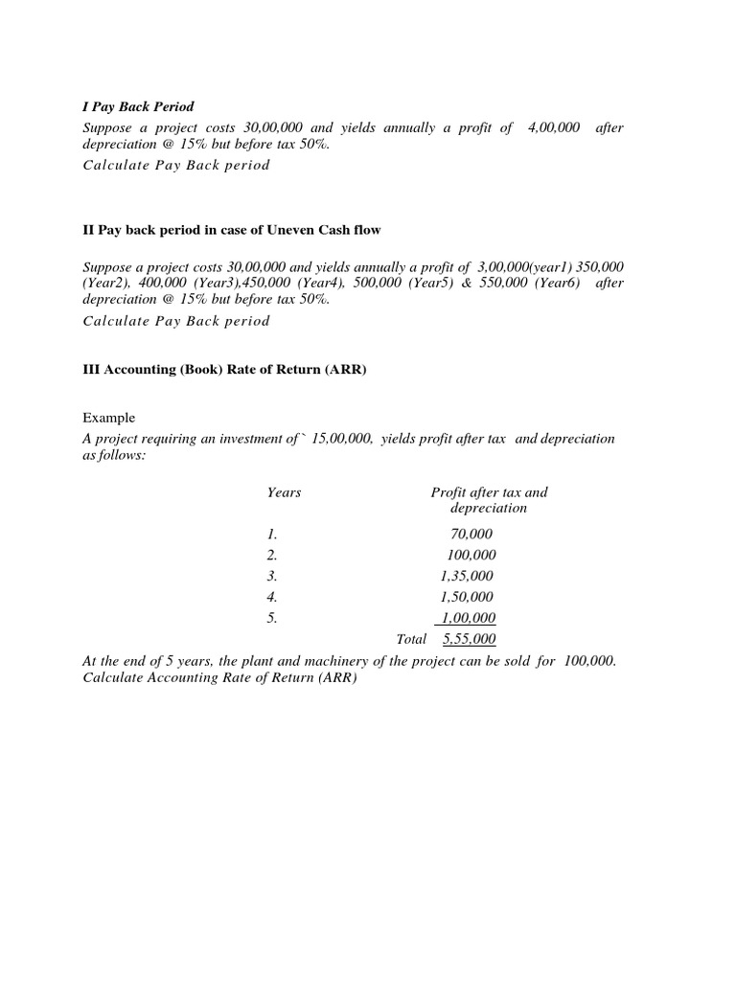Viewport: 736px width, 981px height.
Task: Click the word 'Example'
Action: coord(109,418)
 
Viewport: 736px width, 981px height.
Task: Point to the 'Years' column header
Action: coord(284,492)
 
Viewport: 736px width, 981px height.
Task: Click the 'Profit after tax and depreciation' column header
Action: coord(489,500)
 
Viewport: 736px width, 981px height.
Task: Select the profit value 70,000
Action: coord(471,535)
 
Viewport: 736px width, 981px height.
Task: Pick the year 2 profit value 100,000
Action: coord(471,556)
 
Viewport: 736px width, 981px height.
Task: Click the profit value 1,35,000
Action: coord(467,576)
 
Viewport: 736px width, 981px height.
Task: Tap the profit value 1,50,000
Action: coord(467,597)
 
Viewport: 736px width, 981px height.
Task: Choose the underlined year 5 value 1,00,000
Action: coord(468,618)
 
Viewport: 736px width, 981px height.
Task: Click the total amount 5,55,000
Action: coord(469,639)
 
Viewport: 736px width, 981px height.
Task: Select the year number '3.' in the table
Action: coord(272,576)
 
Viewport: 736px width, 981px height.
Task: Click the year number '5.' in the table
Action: coord(272,618)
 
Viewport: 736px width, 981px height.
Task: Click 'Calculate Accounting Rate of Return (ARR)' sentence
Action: coord(219,678)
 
